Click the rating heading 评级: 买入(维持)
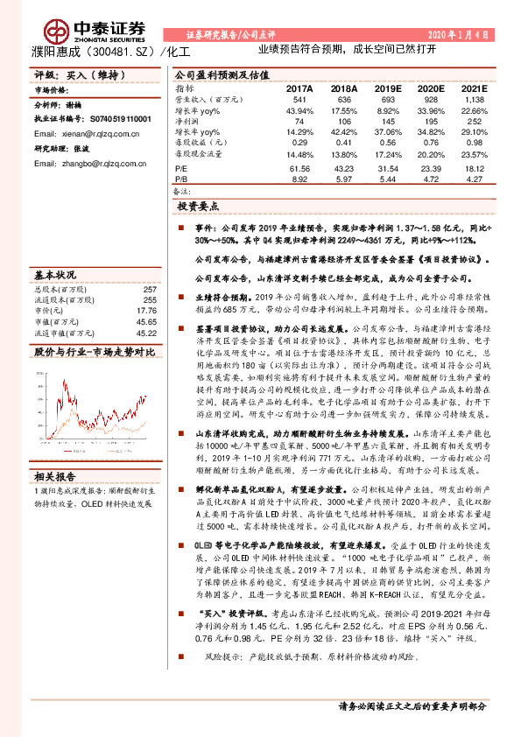click(x=67, y=75)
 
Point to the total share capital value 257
click(x=149, y=289)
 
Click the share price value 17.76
click(x=147, y=310)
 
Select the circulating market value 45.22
click(x=147, y=332)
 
